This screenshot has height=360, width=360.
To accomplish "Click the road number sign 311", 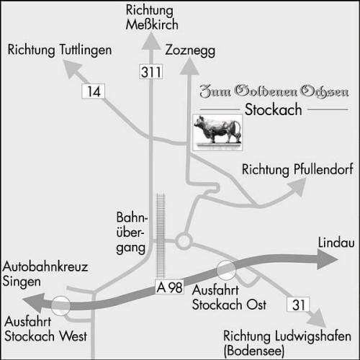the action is pos(151,71).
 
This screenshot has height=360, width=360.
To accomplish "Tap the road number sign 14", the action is pos(94,91).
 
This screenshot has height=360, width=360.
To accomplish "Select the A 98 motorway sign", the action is pos(169,287).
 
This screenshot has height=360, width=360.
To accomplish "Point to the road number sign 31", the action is pos(298,305).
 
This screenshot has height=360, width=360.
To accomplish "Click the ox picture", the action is pos(217,132).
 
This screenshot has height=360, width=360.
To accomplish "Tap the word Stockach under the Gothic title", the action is pos(273,109).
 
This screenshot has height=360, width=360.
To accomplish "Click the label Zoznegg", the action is pos(190,51).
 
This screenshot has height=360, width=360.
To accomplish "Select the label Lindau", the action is pos(336,243).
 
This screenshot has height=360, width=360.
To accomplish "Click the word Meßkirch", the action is pos(152,24).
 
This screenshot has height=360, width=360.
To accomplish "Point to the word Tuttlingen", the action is pos(85,50).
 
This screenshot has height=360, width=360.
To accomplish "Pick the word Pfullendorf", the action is pos(323,169).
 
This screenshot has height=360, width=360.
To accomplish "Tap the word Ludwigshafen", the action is pos(313,336).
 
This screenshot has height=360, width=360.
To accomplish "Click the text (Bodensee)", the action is pos(254,351).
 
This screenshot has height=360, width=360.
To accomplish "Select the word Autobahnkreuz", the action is pos(45,266).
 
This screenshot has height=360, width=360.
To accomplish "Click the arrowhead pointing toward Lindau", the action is pos(328,259).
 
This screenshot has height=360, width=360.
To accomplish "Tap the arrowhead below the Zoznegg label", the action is pos(189,67).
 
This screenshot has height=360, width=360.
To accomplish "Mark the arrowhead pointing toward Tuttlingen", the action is pos(73,68).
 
